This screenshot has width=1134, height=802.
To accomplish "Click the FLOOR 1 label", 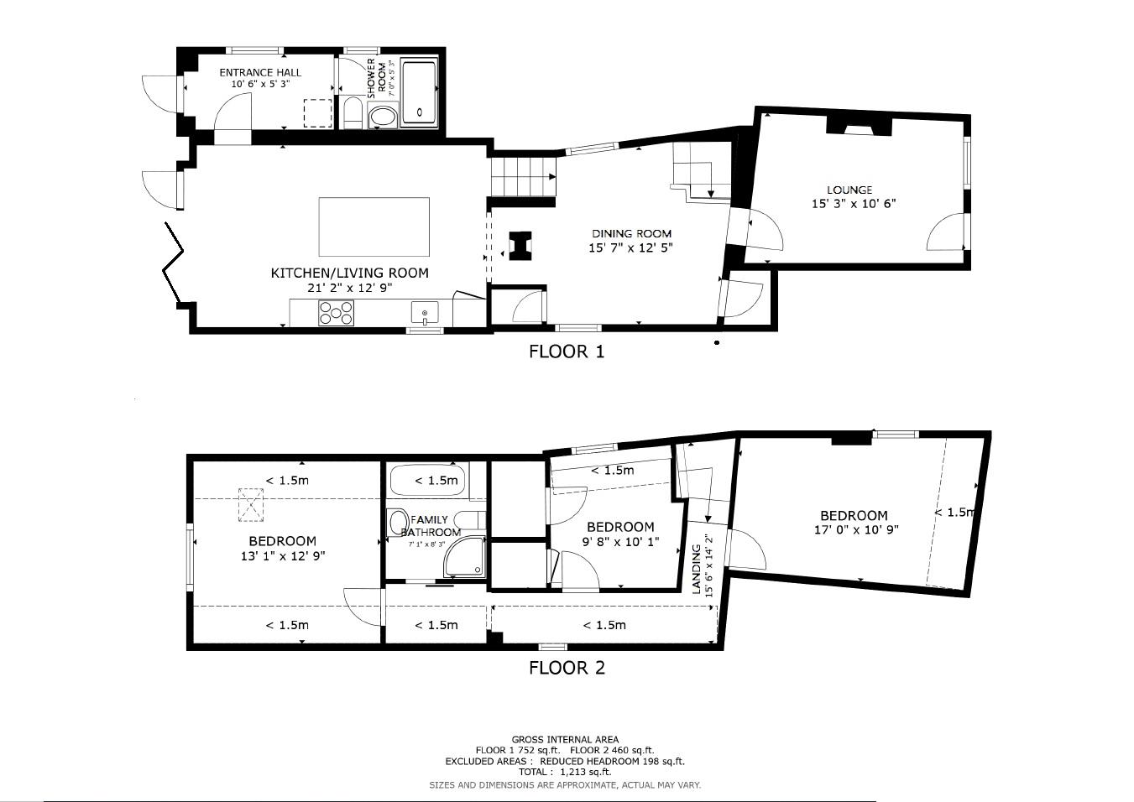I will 566,352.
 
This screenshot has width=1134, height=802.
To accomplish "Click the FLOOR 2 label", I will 566,668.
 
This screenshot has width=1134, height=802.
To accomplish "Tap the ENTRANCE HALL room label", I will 260,73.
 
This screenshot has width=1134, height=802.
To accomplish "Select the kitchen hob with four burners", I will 336,313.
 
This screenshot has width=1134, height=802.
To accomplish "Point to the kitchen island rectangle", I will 374,227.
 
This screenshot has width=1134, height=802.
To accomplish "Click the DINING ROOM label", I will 631,234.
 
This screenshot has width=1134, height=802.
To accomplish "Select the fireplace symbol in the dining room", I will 521,246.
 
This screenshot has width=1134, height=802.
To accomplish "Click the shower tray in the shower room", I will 419,92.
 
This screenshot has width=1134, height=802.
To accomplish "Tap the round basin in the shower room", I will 384,117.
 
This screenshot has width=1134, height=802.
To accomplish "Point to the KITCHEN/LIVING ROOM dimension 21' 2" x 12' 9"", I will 349,288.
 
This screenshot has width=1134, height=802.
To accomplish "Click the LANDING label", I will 696,569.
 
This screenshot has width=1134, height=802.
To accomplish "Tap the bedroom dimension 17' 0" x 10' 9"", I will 855,530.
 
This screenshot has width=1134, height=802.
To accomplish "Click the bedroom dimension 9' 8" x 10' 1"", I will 620,542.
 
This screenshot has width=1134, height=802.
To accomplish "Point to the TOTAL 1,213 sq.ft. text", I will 565,772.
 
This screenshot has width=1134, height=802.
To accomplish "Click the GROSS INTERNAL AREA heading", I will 565,740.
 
